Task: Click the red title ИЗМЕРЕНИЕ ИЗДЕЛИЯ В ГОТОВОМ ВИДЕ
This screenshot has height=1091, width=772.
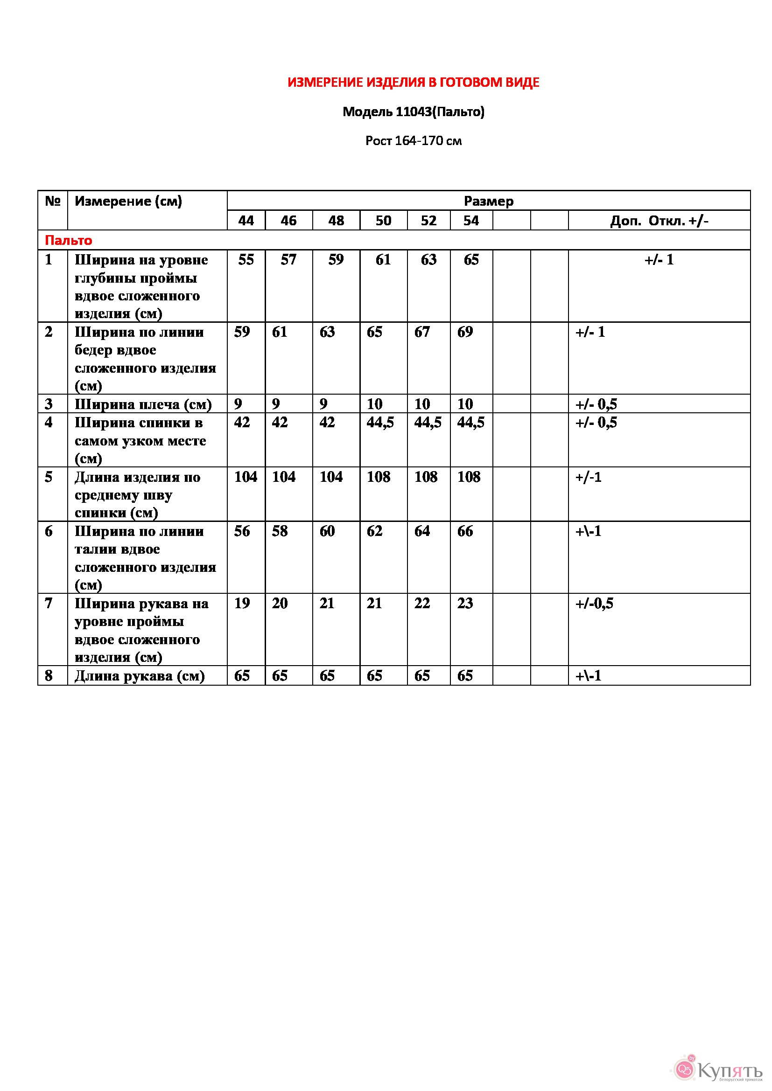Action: (413, 82)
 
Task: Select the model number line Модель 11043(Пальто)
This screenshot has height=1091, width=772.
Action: (413, 111)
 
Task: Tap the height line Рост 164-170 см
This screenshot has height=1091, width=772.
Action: (413, 141)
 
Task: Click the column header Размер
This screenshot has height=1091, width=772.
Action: (488, 201)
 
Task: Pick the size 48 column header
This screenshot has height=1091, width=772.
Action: (336, 221)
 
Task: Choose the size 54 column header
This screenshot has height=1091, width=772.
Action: (471, 221)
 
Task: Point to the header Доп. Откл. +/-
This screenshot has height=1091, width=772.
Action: (659, 221)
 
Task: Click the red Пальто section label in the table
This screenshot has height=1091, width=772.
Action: (69, 240)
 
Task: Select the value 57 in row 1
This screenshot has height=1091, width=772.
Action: (288, 259)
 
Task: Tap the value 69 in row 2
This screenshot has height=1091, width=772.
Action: (465, 332)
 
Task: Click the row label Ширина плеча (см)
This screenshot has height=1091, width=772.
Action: (143, 404)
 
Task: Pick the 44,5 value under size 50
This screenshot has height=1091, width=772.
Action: (380, 422)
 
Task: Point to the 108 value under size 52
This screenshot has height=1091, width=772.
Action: (426, 477)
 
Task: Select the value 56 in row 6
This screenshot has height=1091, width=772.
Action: (242, 531)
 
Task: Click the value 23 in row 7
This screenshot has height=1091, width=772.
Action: (465, 603)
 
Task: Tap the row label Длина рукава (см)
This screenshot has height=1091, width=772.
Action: (139, 675)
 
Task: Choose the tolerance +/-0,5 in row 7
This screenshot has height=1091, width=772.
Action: (594, 603)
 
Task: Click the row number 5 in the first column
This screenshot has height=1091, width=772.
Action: (49, 477)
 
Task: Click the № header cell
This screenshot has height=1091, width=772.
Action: (52, 201)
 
